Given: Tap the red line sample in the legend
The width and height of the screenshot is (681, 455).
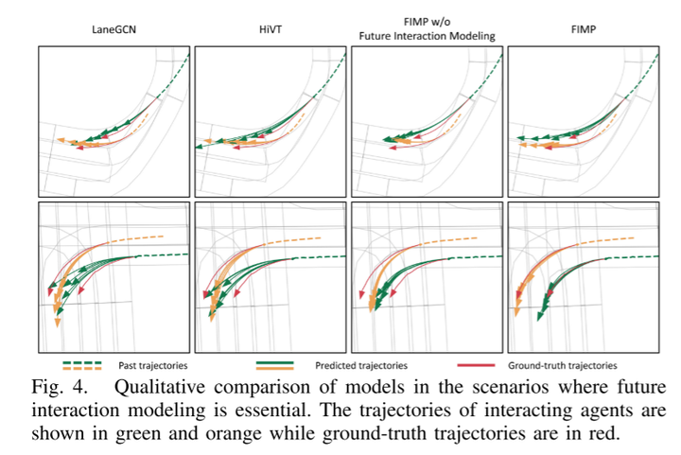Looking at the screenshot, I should tap(480, 364).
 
